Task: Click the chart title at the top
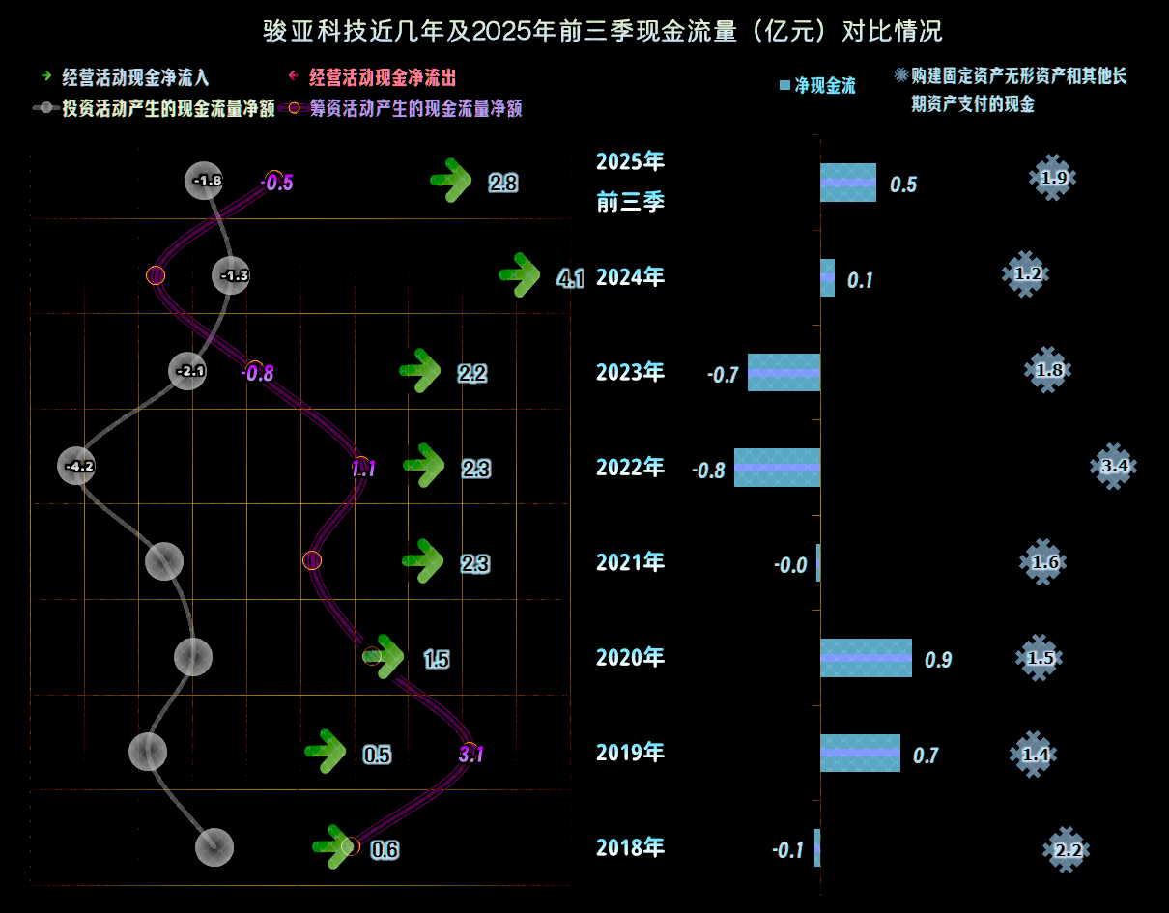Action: [603, 31]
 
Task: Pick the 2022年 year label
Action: [630, 468]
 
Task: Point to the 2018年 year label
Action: [630, 848]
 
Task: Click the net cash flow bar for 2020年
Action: [866, 658]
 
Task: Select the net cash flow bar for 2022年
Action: [778, 468]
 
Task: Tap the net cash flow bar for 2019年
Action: [860, 753]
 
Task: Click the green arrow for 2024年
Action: [521, 275]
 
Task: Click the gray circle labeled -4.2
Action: [78, 467]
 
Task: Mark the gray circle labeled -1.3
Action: [233, 276]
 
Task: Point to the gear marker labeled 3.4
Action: [1114, 466]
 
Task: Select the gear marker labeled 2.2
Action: [1067, 850]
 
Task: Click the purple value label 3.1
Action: [471, 754]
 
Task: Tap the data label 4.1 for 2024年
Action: [571, 280]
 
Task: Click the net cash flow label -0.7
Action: [723, 374]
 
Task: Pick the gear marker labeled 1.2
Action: [1026, 274]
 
